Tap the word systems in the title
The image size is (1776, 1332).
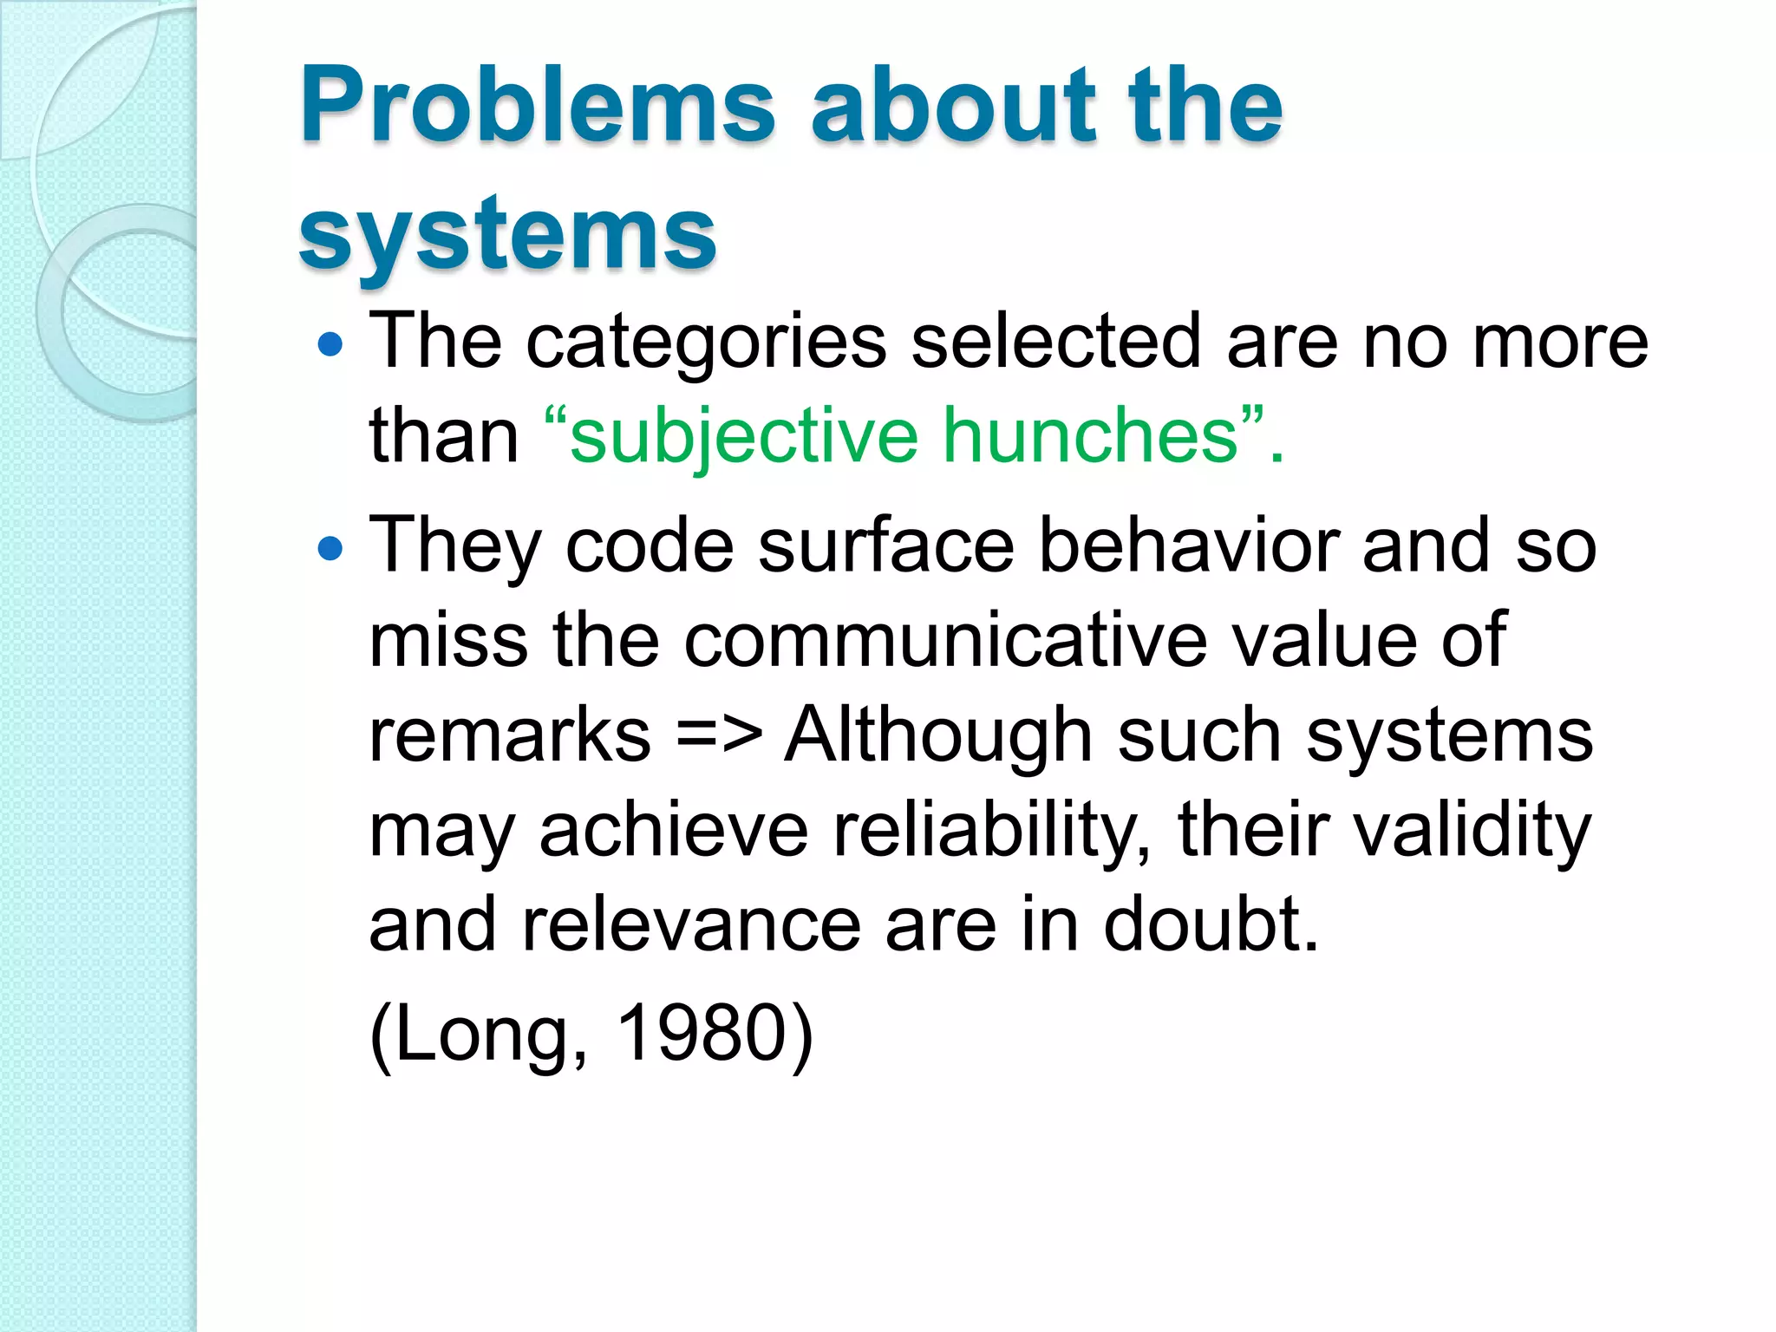(x=507, y=234)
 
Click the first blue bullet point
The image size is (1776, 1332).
(x=330, y=346)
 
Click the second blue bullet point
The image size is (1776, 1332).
(x=330, y=549)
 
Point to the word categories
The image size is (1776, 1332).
(x=706, y=343)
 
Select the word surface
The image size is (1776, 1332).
(x=885, y=546)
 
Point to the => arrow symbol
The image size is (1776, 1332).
(x=719, y=735)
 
